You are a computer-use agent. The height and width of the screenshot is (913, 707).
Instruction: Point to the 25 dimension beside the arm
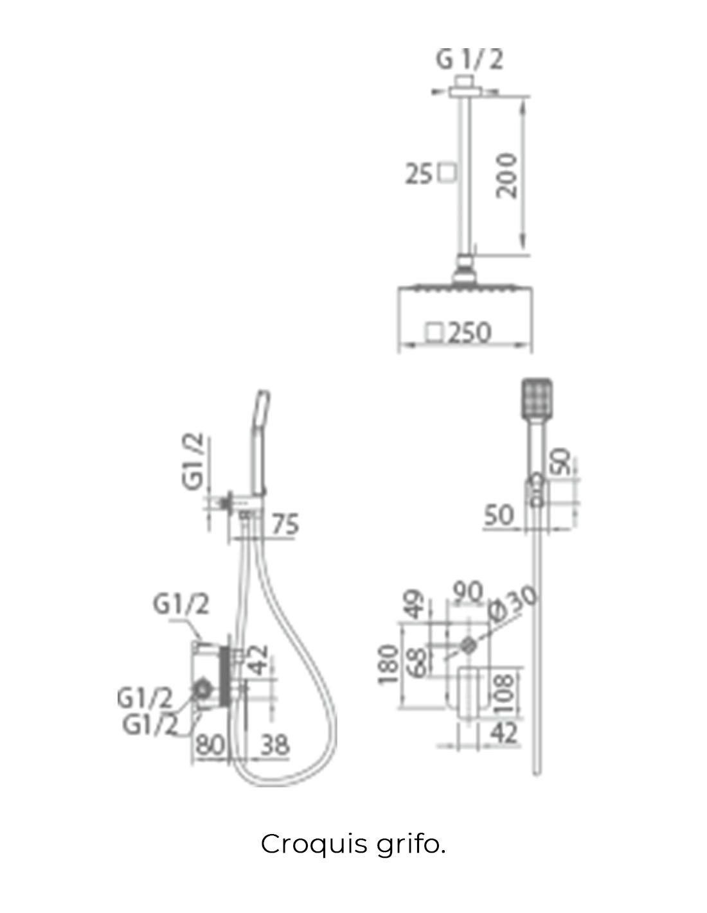click(x=419, y=174)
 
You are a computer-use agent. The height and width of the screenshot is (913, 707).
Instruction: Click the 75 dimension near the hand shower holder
click(x=285, y=524)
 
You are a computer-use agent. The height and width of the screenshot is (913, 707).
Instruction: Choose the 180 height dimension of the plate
click(x=389, y=665)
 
